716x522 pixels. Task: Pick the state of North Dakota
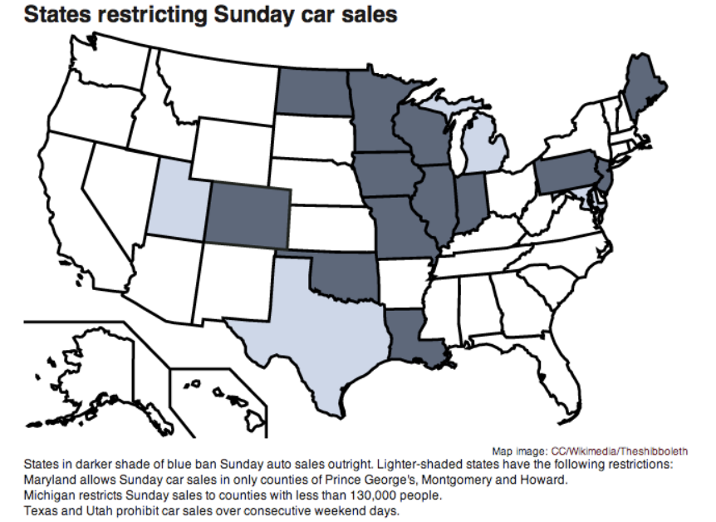pos(312,91)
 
